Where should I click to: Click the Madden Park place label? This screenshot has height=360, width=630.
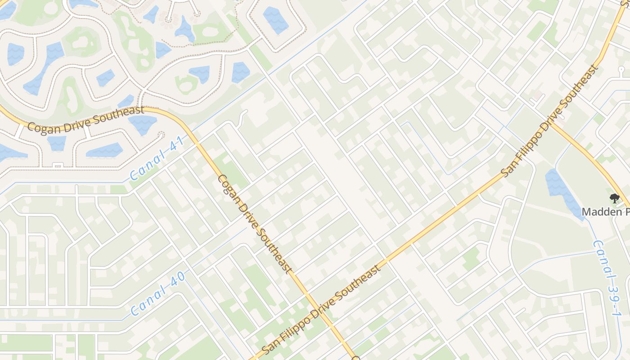pos(606,211)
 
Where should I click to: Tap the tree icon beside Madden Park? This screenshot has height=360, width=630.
pos(614,198)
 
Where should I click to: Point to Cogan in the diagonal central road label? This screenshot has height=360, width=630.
pos(227,187)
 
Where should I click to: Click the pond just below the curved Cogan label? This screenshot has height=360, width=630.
pos(143,123)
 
